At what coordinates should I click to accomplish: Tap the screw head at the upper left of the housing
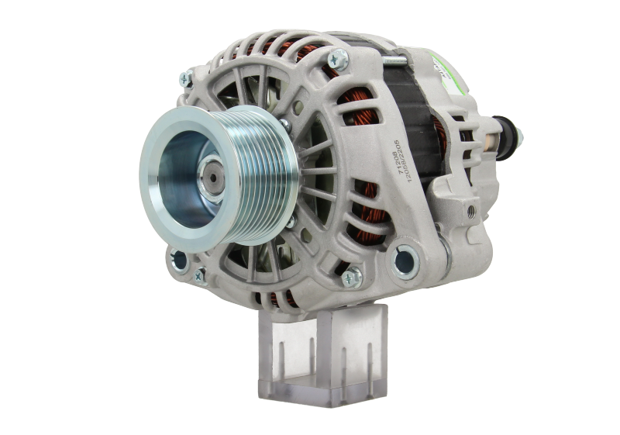point(186,76)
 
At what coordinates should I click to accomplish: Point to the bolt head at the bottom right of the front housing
point(353,274)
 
